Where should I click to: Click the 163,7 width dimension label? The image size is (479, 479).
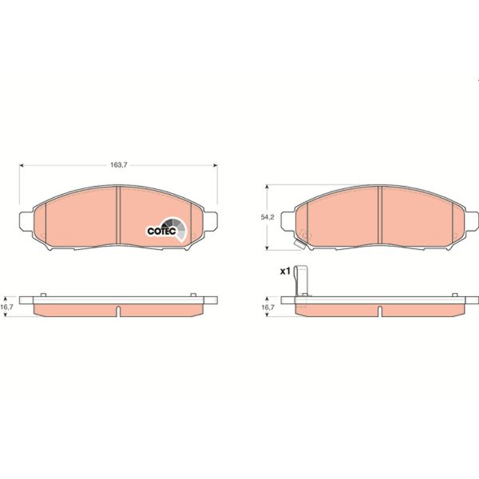(x=118, y=164)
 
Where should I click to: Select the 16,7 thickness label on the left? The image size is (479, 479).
(x=7, y=305)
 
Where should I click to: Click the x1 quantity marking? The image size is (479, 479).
(x=283, y=271)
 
